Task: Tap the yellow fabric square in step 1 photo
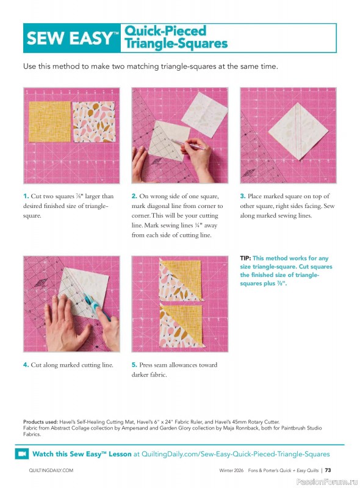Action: point(49,121)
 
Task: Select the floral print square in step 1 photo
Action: point(93,121)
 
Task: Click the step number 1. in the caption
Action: point(26,196)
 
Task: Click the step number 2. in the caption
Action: point(134,196)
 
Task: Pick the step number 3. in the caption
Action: point(242,196)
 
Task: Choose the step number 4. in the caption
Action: point(26,365)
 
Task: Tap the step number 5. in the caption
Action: point(134,365)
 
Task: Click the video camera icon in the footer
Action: point(22,454)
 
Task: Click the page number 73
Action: point(328,470)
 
